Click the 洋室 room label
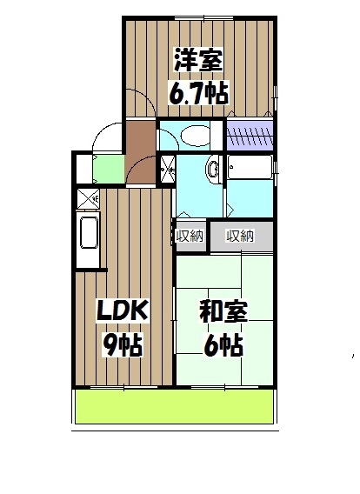point(198,63)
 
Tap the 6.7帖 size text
point(198,90)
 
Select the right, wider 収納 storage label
point(241,236)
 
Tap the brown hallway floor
point(139,152)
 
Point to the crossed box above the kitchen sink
point(88,198)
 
